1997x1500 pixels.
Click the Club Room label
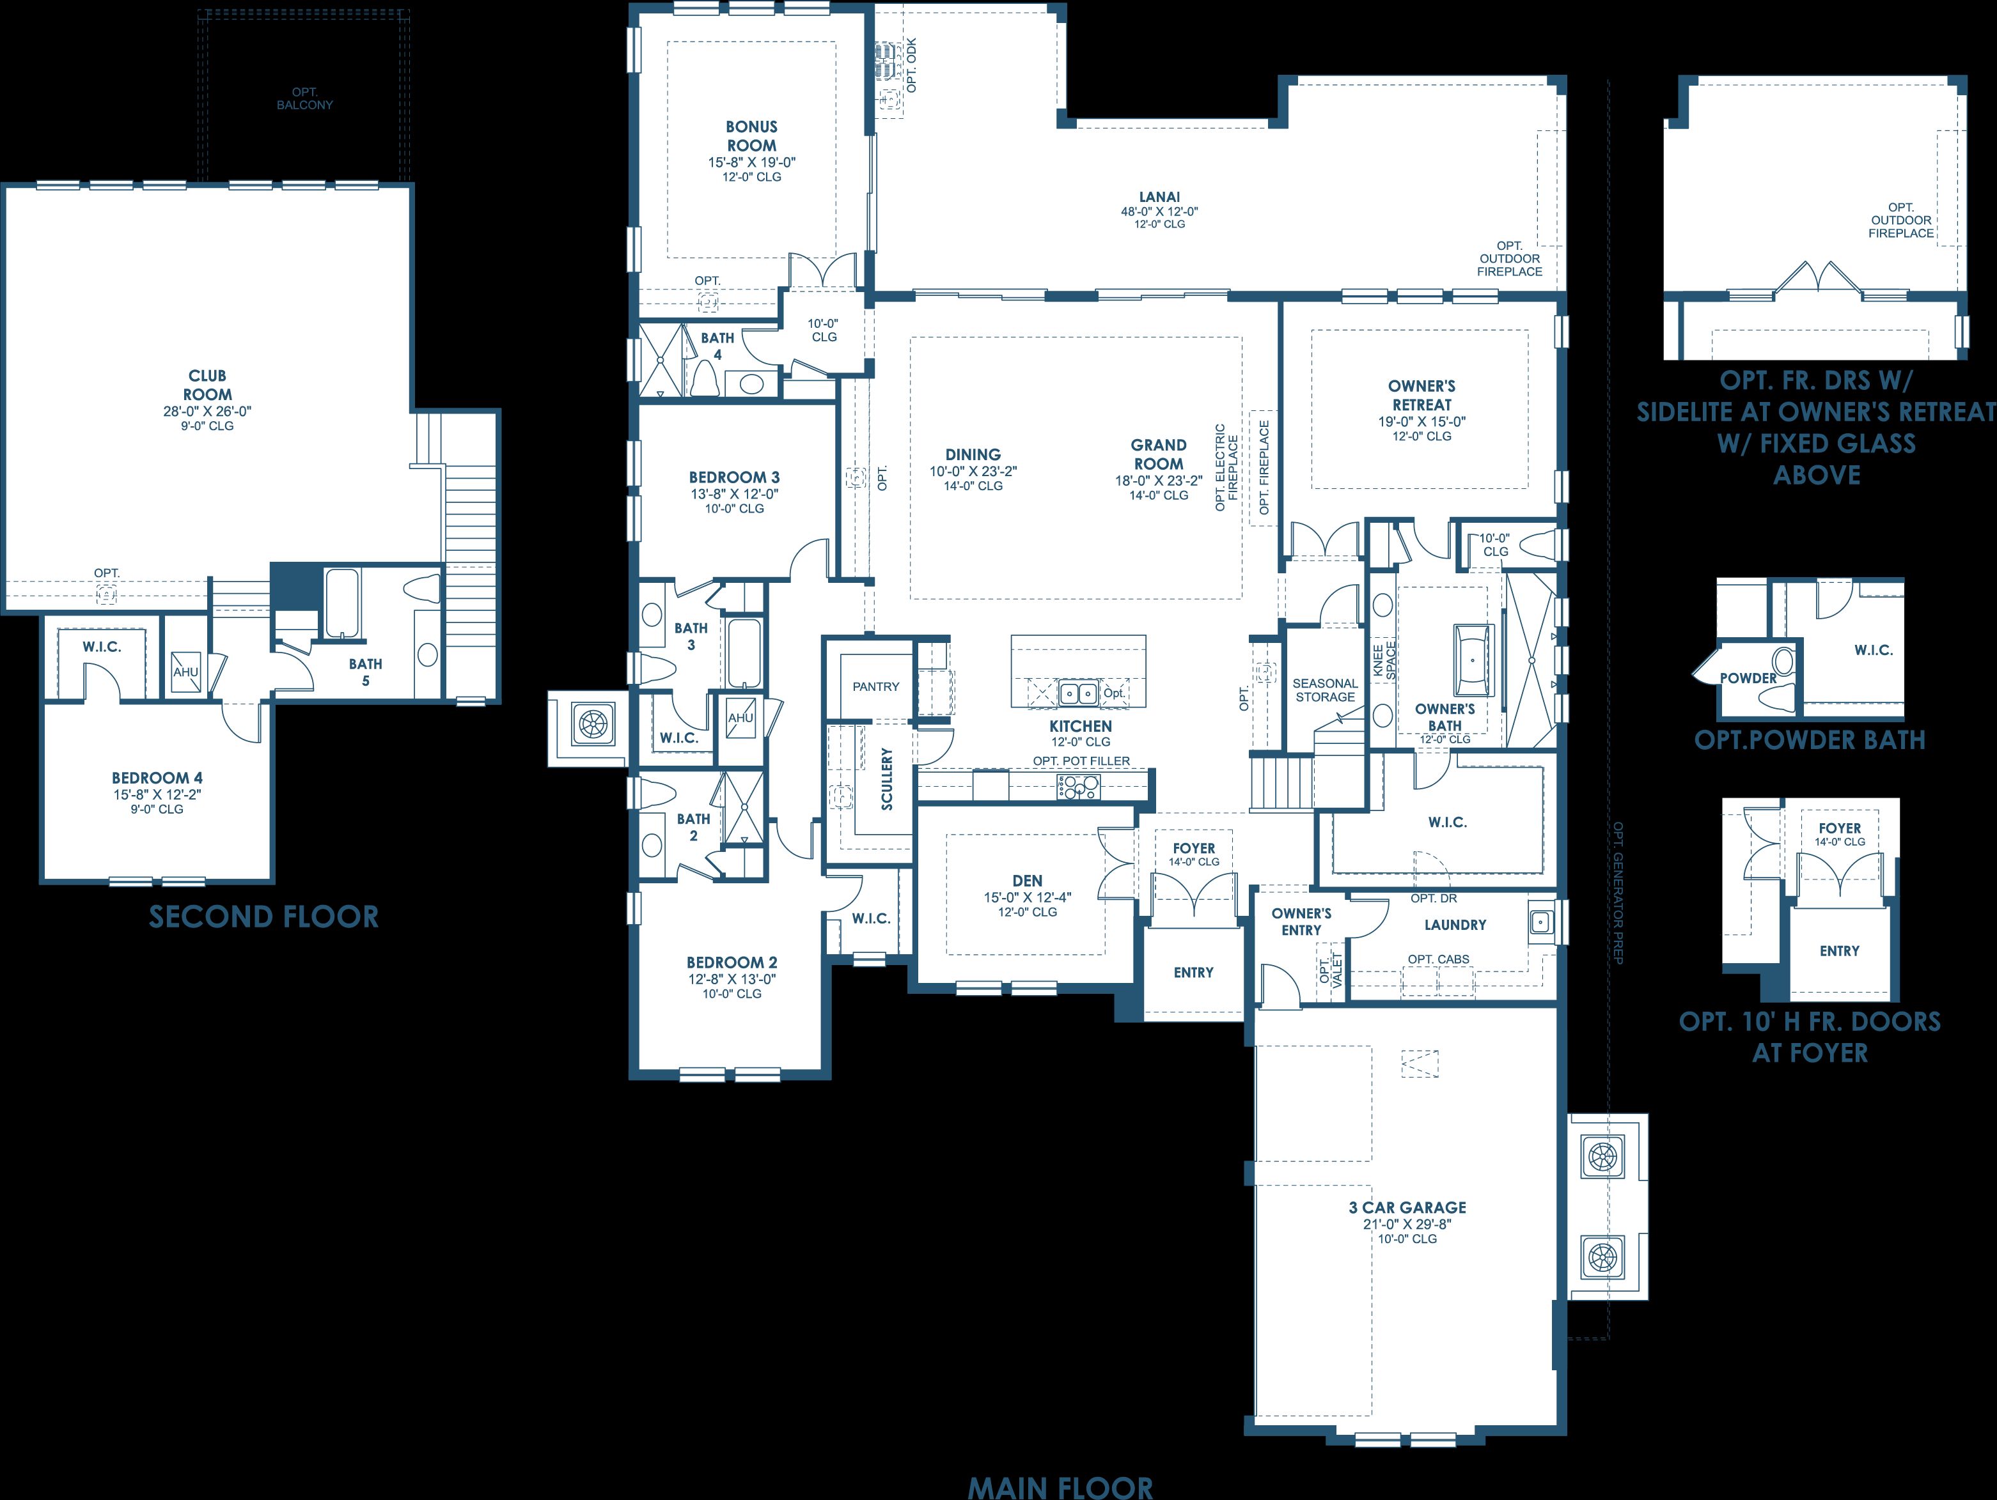pos(208,385)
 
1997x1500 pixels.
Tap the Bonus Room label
pos(751,136)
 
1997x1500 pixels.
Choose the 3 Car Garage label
pos(1407,1207)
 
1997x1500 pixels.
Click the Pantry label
pos(875,687)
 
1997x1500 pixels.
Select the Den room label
pos(1028,881)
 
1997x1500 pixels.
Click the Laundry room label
pos(1455,925)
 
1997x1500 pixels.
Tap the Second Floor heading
pos(263,917)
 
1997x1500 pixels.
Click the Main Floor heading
pos(1060,1487)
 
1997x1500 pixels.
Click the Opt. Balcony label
pos(304,98)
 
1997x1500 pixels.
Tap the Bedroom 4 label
pos(157,778)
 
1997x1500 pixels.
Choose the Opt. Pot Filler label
pos(1081,761)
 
